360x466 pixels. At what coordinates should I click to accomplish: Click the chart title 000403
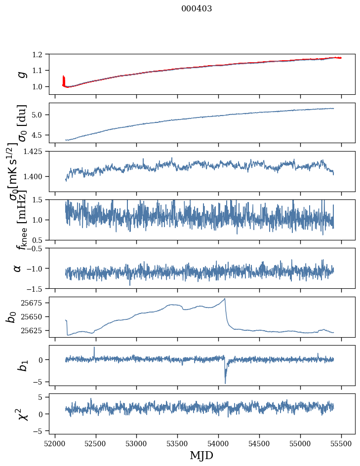pyautogui.click(x=197, y=9)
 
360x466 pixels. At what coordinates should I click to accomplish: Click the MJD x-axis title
pyautogui.click(x=201, y=455)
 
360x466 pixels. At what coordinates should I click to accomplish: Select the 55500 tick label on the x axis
pyautogui.click(x=341, y=443)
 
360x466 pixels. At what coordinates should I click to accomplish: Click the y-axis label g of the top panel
pyautogui.click(x=21, y=74)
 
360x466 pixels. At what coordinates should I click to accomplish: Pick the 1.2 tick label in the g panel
pyautogui.click(x=41, y=54)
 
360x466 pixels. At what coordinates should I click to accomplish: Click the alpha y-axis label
pyautogui.click(x=18, y=268)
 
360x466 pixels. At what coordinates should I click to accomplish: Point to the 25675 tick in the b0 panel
pyautogui.click(x=36, y=303)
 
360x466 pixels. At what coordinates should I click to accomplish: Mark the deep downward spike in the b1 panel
pyautogui.click(x=225, y=383)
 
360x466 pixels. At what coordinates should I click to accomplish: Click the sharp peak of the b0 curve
pyautogui.click(x=225, y=299)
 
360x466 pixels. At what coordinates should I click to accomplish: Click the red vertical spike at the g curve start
pyautogui.click(x=63, y=80)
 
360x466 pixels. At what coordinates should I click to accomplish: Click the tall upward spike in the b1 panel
pyautogui.click(x=94, y=348)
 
